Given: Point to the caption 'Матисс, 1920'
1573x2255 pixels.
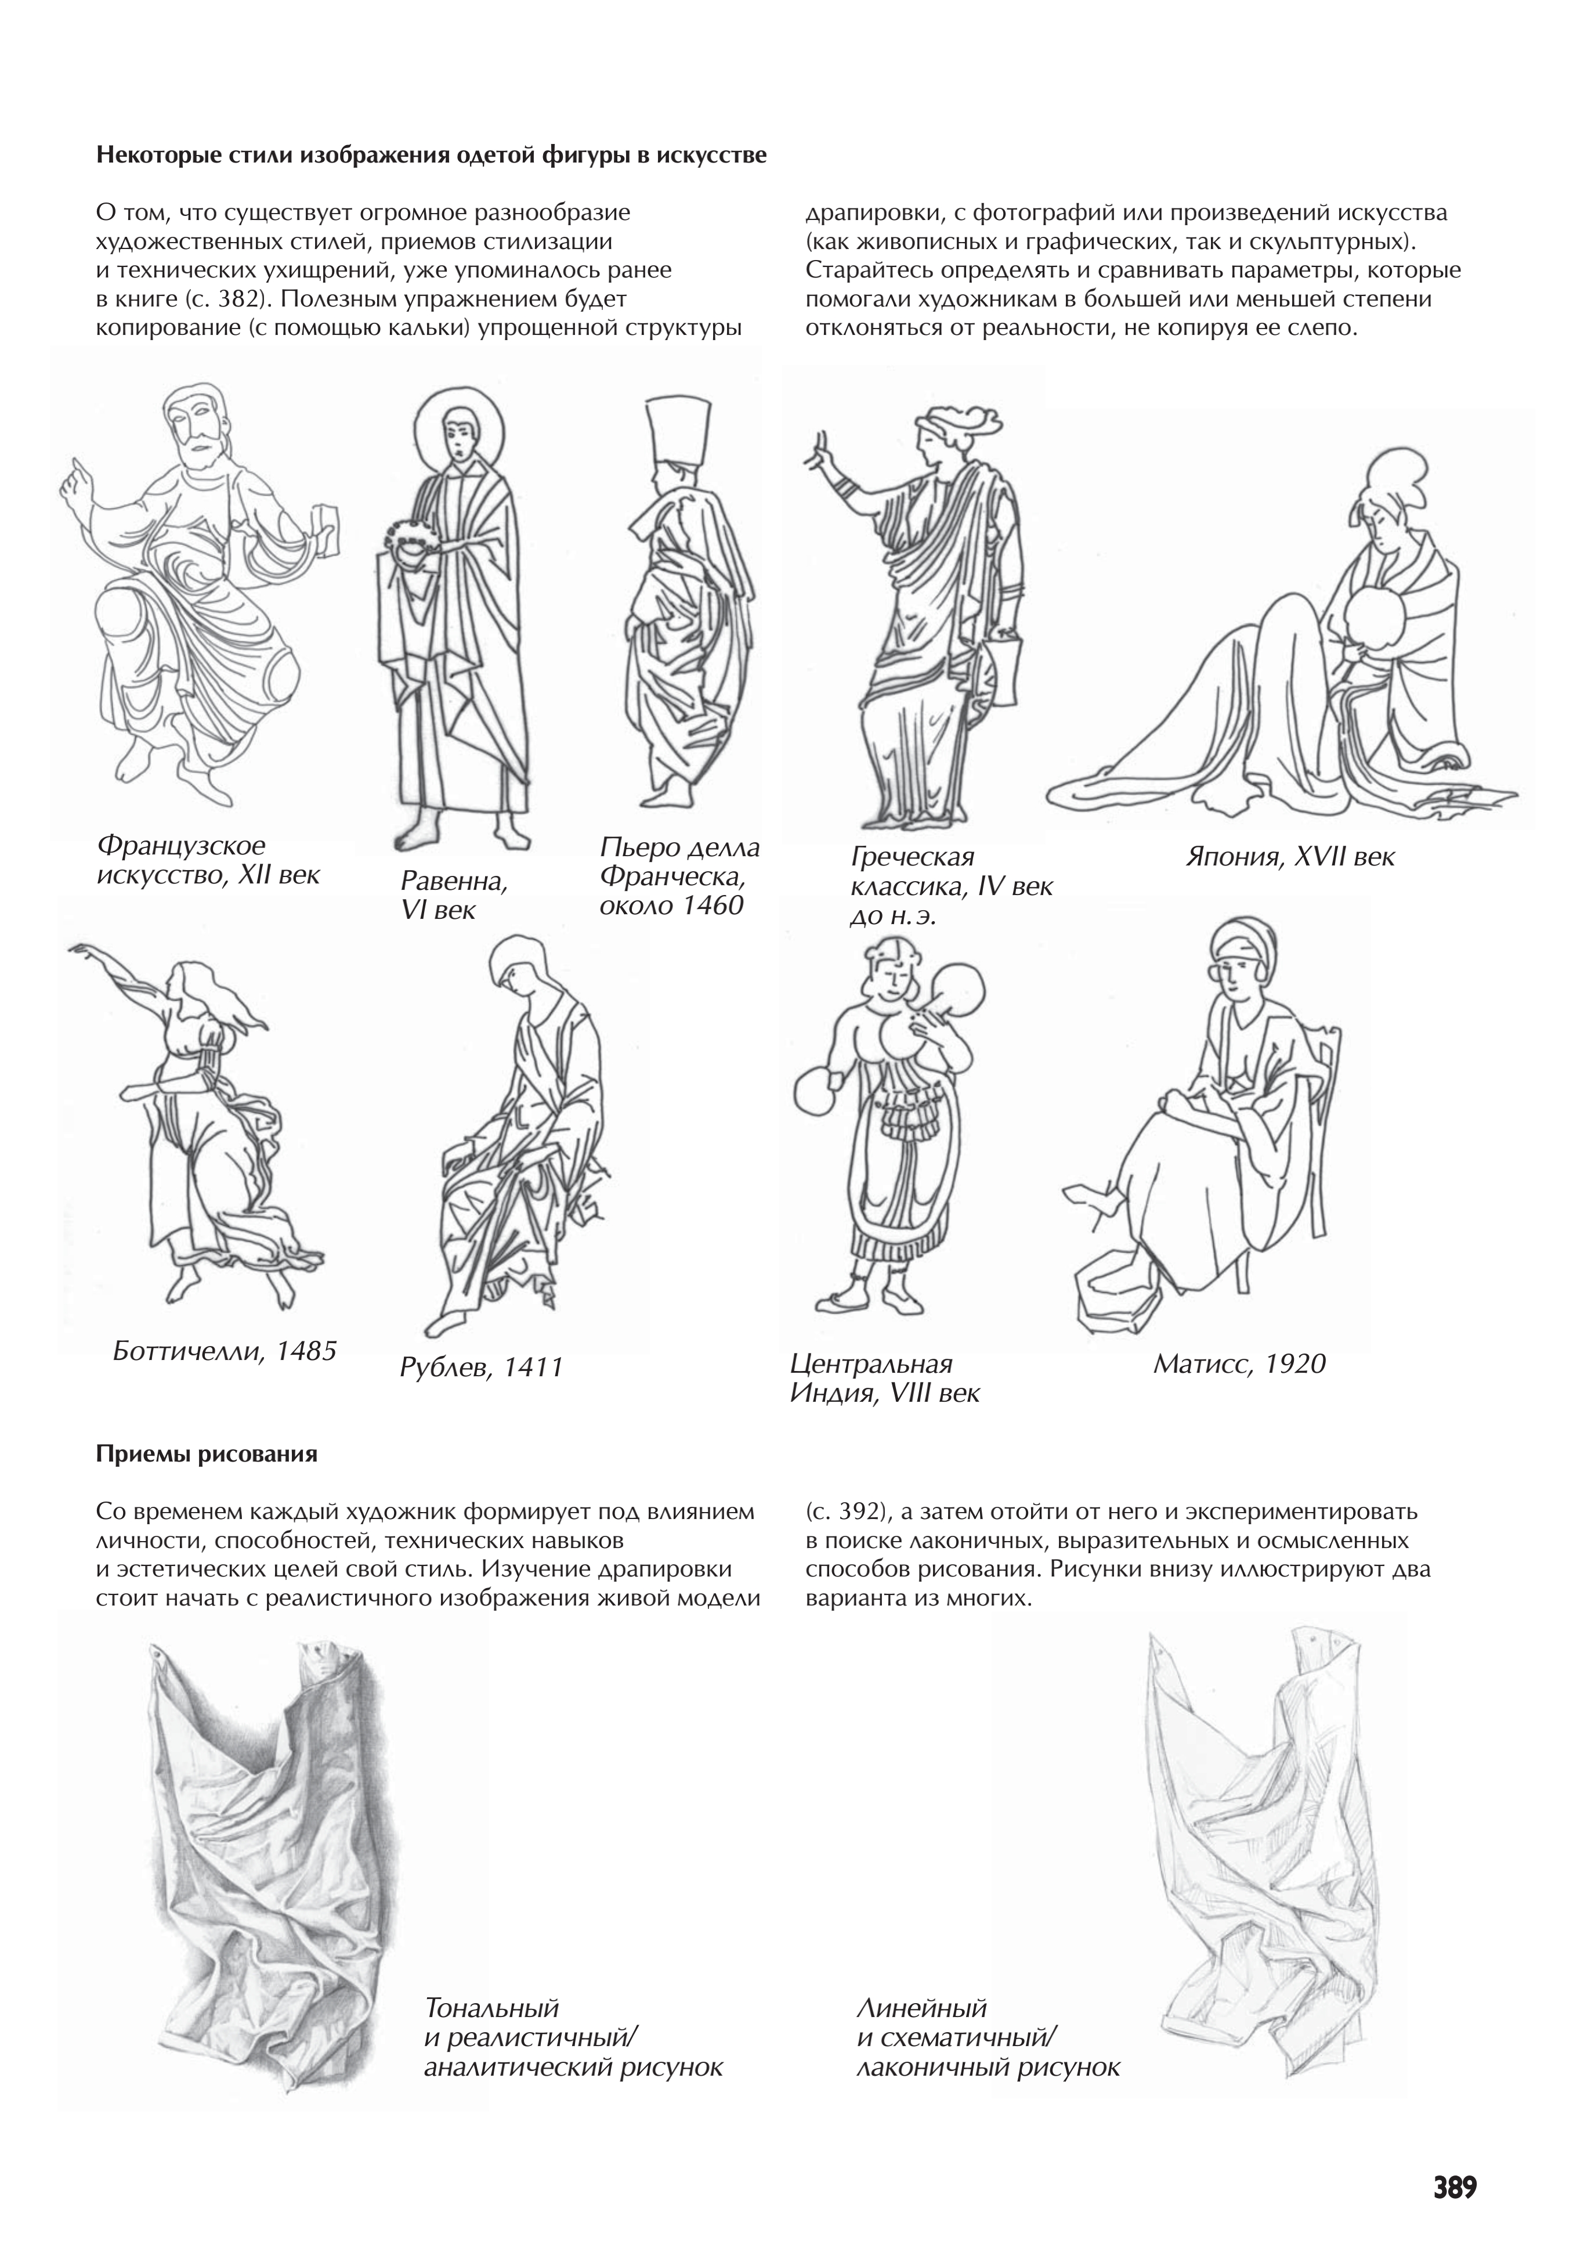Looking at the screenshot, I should (x=1239, y=1363).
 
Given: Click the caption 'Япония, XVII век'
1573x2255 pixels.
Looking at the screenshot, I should (x=1289, y=856).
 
